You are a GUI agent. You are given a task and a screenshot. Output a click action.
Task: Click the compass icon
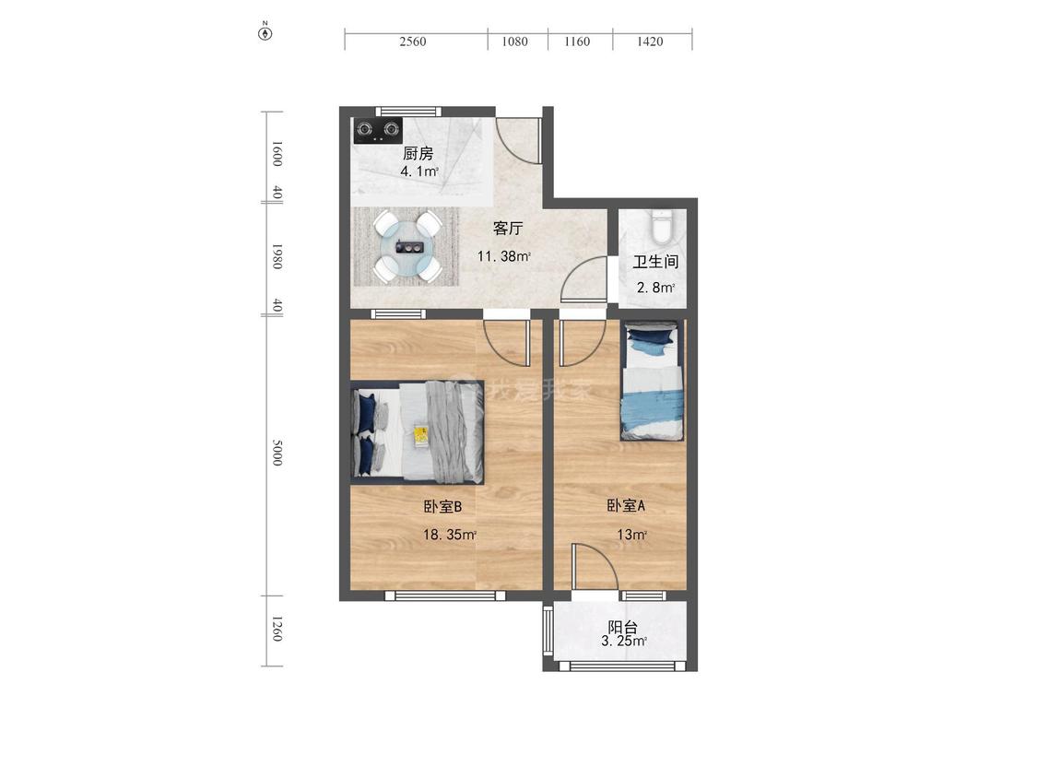[265, 31]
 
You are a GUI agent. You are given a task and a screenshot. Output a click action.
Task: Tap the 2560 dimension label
[413, 41]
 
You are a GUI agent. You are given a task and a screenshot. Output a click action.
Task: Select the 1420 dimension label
[650, 41]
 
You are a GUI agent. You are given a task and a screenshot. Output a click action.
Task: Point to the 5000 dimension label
[277, 453]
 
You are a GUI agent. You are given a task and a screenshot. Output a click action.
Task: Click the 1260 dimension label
[277, 629]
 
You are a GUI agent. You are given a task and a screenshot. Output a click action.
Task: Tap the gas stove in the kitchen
[378, 130]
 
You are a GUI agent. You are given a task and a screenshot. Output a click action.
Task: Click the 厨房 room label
[418, 154]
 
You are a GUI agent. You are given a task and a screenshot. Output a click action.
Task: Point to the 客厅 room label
[508, 229]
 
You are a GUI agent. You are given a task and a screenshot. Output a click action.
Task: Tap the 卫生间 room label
[655, 262]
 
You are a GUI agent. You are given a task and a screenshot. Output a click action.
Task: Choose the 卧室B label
[442, 507]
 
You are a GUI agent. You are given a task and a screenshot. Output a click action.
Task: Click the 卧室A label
[626, 506]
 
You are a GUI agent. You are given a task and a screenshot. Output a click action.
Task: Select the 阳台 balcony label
[623, 627]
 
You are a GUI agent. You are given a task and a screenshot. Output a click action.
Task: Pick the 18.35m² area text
[450, 535]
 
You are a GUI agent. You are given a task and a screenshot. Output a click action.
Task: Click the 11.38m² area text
[504, 256]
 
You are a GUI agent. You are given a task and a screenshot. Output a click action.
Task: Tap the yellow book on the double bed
[420, 436]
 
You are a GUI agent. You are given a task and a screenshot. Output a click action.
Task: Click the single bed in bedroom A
[652, 381]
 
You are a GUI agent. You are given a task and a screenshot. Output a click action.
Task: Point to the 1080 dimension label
[514, 41]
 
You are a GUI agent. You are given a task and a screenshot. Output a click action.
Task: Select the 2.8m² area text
[655, 288]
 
